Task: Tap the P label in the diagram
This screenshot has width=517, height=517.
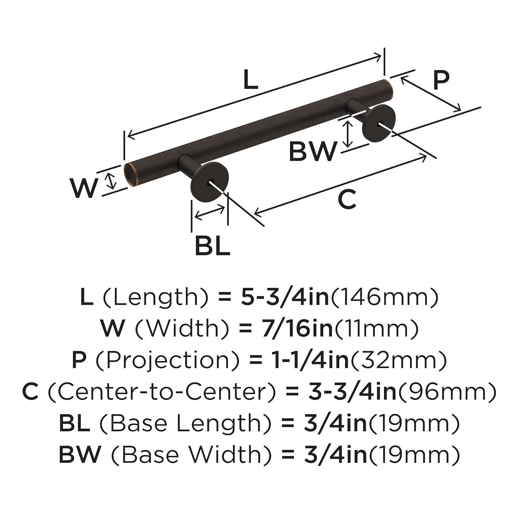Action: coord(441,80)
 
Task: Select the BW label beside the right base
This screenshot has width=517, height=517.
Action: coord(313,151)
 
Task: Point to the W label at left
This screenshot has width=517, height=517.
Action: coord(83,188)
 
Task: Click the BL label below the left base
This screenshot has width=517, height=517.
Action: coord(212,245)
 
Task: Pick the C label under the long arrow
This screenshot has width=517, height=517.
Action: coord(346,200)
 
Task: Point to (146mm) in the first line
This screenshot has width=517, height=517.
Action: coord(385,297)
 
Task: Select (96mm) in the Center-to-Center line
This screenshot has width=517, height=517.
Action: coord(447,392)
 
